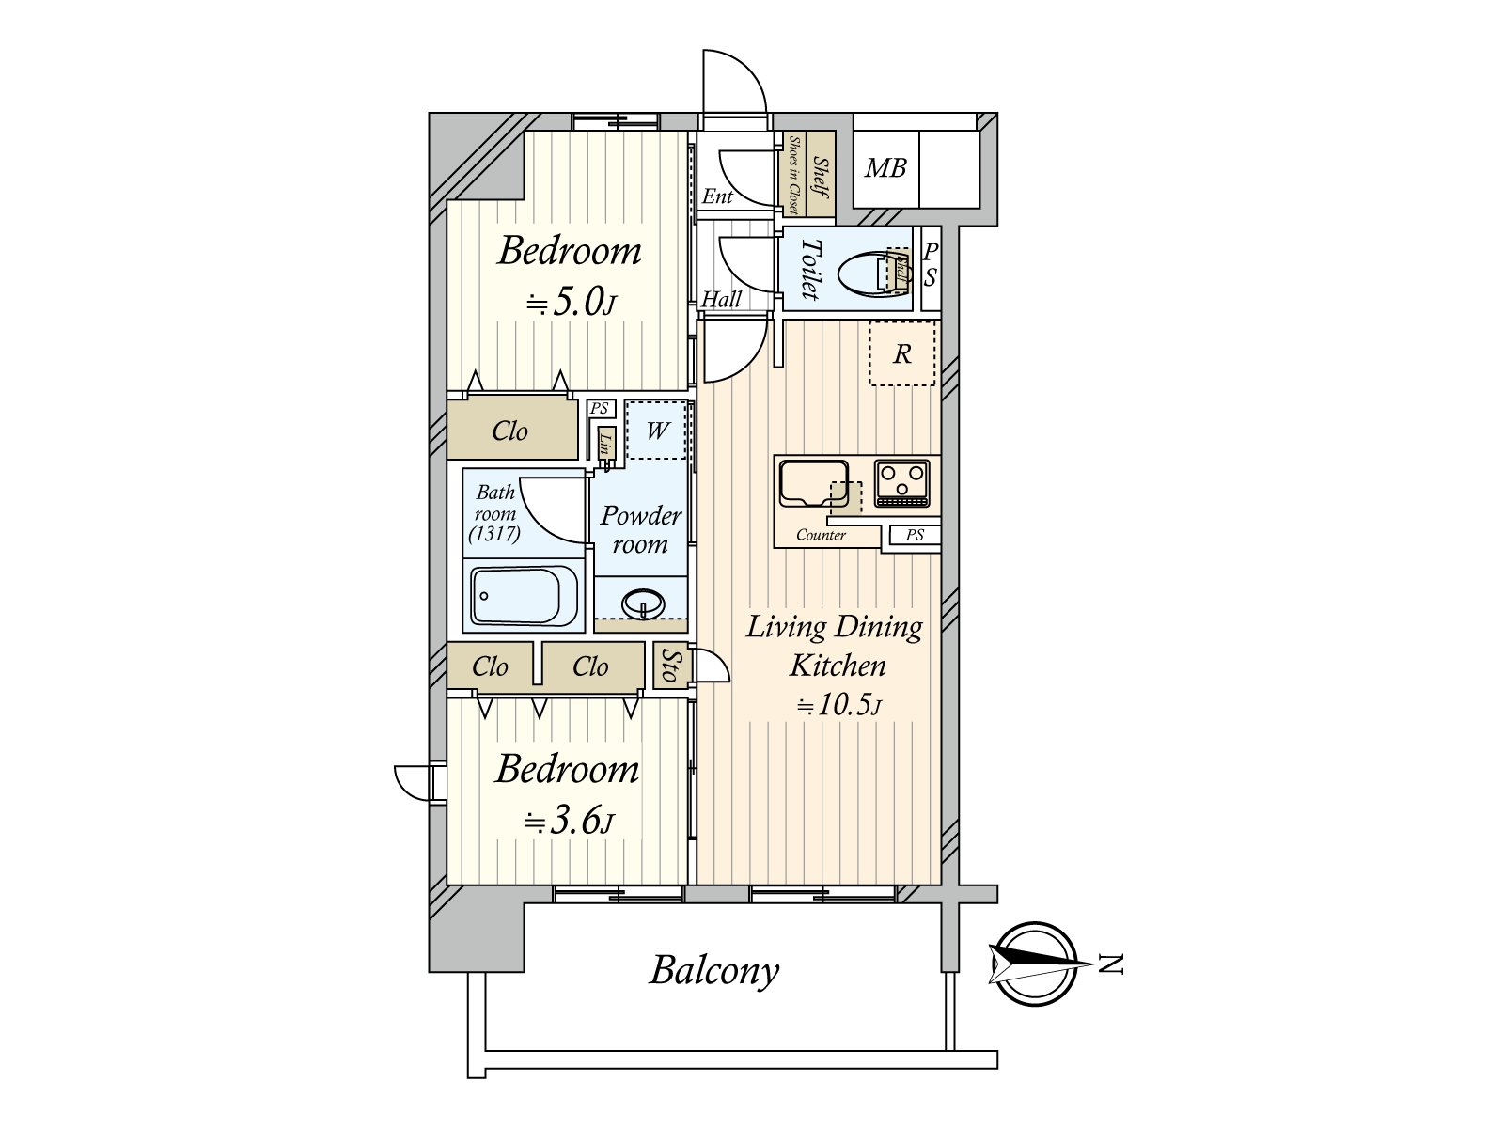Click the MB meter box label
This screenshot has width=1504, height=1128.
pos(885,168)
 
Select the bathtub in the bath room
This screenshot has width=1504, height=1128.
pos(525,596)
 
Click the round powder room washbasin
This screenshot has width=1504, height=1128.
pos(643,604)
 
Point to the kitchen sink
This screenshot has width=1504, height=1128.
pos(814,483)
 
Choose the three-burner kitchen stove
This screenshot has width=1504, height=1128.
pos(902,483)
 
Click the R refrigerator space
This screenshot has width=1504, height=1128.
pos(902,353)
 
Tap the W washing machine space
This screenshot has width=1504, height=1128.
pos(657,431)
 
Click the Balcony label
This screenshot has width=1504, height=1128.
pos(714,971)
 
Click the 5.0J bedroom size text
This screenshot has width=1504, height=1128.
pos(572,303)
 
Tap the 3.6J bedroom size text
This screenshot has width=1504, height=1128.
pos(570,822)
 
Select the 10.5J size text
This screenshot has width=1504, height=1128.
pos(838,704)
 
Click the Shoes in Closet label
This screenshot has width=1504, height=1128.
pos(793,176)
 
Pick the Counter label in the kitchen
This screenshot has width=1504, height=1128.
pos(821,535)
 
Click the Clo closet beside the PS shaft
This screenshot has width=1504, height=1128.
pos(510,431)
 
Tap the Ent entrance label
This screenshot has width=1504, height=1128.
pos(717,197)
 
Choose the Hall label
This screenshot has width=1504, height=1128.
pos(722,299)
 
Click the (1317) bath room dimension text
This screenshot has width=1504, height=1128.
pos(494,534)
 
